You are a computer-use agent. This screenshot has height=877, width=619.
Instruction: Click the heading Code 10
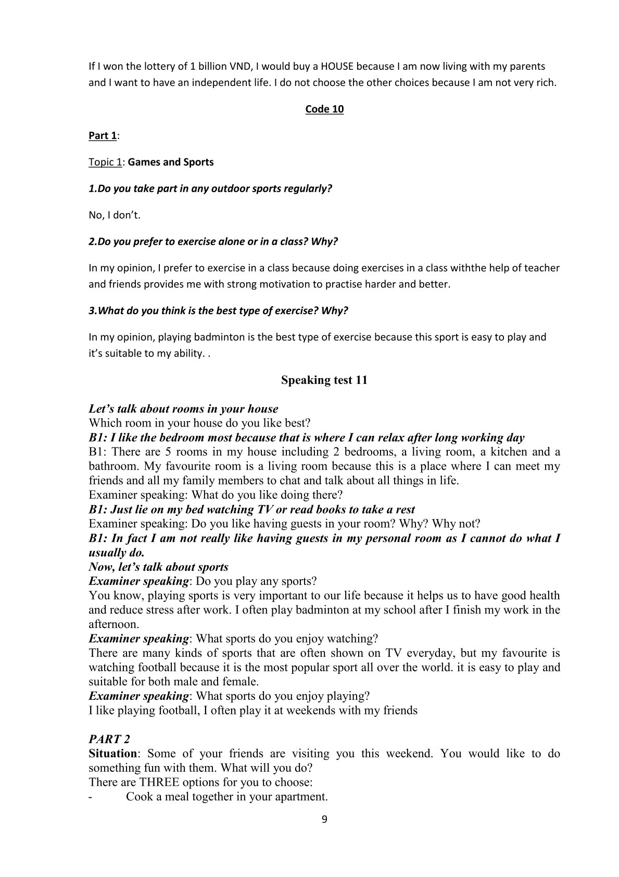click(x=324, y=109)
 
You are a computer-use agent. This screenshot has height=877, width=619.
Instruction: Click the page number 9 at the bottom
click(x=324, y=819)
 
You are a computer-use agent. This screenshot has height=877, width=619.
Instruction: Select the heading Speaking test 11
click(x=324, y=380)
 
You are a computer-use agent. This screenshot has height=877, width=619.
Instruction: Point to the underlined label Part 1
click(x=103, y=136)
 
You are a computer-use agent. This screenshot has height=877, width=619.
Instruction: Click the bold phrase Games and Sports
click(x=171, y=162)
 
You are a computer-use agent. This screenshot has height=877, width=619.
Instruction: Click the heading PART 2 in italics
click(x=109, y=739)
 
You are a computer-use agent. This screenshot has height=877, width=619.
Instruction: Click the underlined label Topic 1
click(x=105, y=162)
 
